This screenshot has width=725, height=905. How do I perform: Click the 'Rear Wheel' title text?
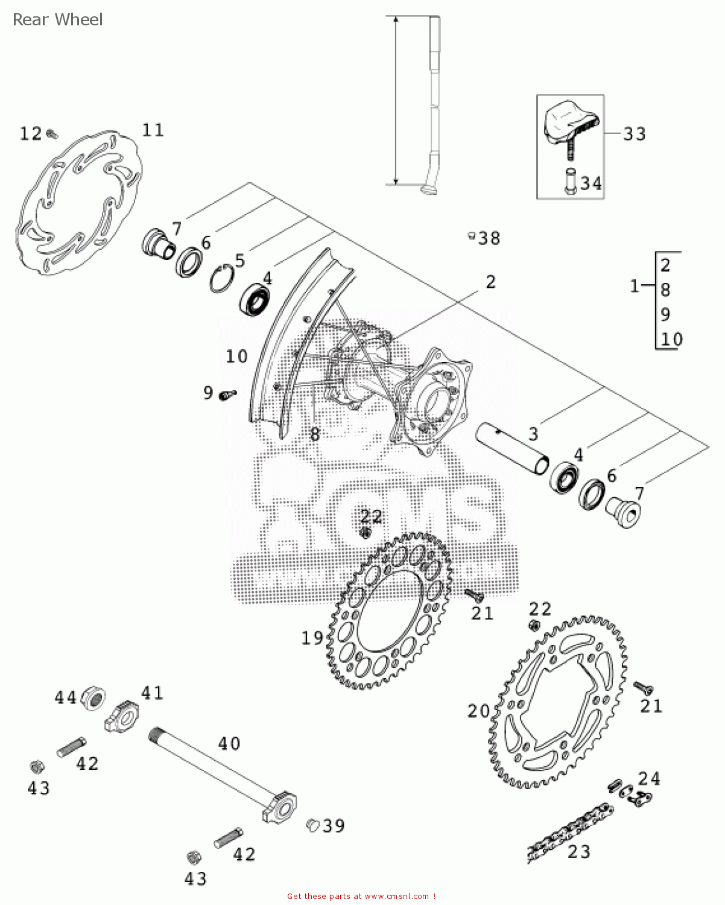tap(57, 20)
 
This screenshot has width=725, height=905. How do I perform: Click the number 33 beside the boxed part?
tap(634, 134)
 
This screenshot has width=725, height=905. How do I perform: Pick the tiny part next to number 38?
tap(472, 236)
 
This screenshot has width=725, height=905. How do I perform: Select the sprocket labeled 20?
tap(558, 703)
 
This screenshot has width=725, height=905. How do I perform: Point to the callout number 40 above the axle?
tap(229, 743)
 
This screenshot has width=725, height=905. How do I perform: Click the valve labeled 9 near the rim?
tap(227, 395)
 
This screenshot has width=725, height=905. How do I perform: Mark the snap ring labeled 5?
tap(223, 278)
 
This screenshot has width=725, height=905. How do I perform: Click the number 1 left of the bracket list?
tap(634, 286)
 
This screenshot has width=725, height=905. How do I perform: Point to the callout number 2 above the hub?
tap(490, 282)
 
